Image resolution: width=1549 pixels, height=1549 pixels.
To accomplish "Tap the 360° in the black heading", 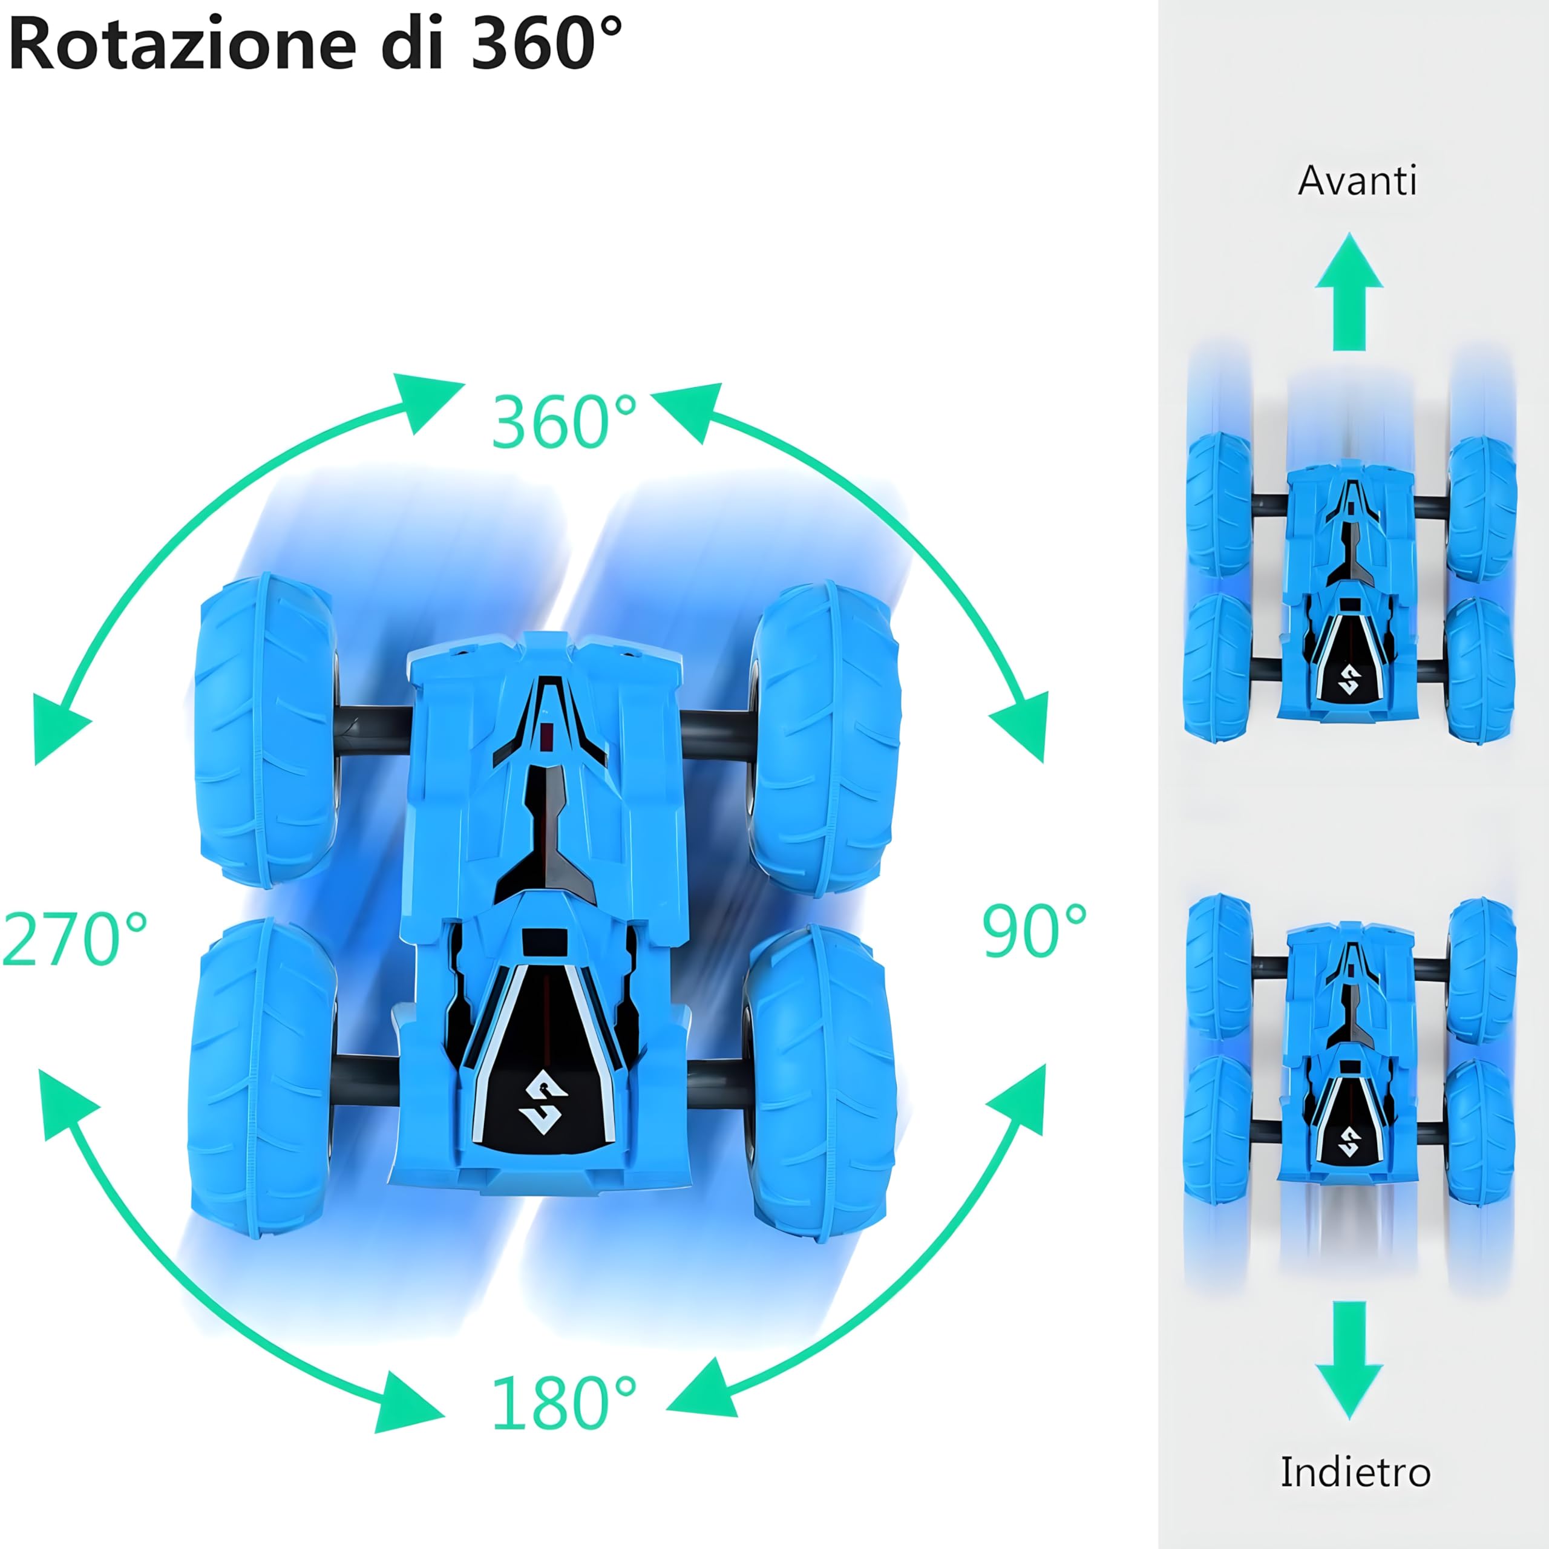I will click(545, 44).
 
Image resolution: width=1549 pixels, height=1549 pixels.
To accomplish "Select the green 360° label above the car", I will click(564, 422).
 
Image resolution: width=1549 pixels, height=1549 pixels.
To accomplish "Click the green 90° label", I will click(1034, 932).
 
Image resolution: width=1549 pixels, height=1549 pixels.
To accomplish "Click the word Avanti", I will click(1357, 181).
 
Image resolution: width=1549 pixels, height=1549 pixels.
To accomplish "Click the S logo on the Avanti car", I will click(1349, 680).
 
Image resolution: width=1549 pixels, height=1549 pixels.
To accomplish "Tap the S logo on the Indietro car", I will click(1349, 1142).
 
